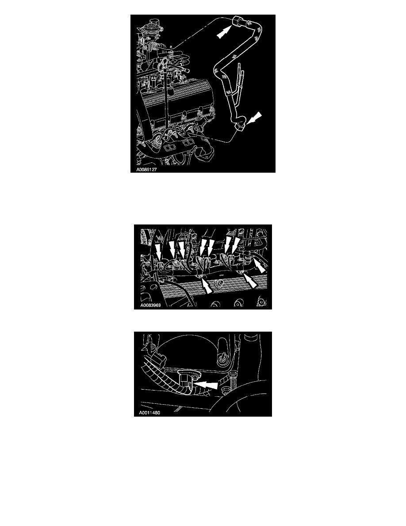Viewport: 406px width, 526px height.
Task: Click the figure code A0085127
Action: [146, 170]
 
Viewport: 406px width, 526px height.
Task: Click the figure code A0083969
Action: [150, 306]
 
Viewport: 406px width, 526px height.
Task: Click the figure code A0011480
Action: [149, 413]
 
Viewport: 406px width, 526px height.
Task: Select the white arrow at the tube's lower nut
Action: [254, 118]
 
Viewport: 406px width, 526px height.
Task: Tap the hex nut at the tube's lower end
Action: [241, 127]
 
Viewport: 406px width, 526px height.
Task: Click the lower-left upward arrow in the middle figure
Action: [207, 286]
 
